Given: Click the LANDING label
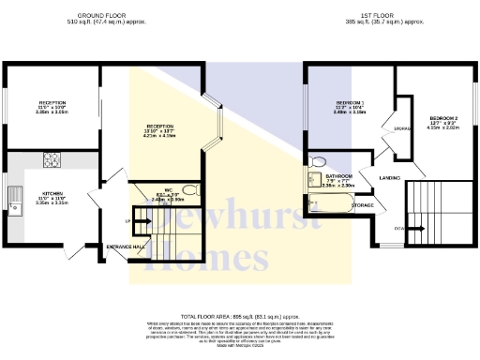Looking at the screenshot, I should point(391,175).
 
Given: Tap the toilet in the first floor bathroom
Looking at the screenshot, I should point(316,160).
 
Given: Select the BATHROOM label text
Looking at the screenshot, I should point(338,175).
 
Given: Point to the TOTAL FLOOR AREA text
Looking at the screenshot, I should point(239,318).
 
